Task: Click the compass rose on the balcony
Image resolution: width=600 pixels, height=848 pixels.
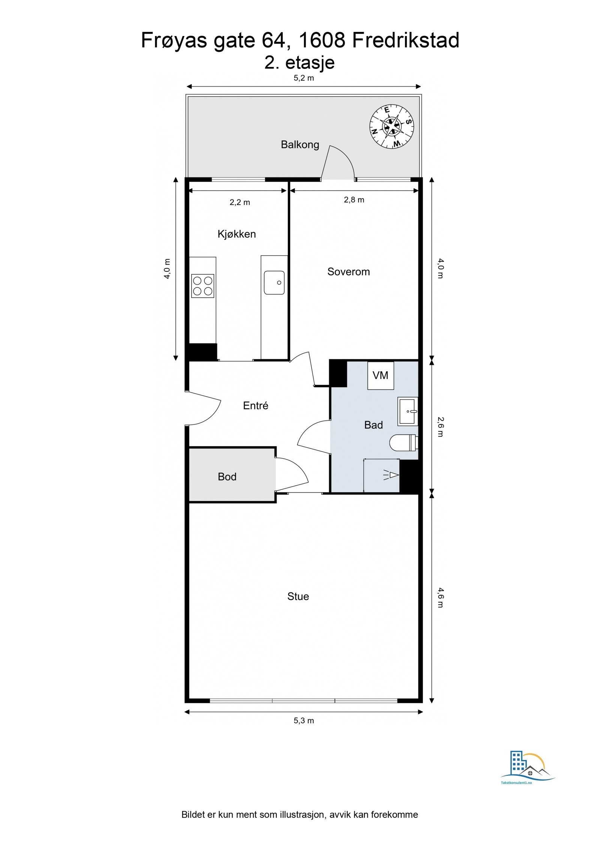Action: point(391,126)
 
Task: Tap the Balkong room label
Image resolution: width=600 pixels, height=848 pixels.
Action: point(300,145)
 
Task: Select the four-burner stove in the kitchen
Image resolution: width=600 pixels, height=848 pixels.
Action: point(202,286)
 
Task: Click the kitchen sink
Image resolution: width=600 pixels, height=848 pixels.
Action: point(274,283)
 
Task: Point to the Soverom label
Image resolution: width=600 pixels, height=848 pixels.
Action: point(348,272)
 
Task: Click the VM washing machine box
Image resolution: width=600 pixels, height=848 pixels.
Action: point(380,375)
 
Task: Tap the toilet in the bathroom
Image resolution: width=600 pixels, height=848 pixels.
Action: point(403,443)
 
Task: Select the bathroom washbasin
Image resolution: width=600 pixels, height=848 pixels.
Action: point(408,411)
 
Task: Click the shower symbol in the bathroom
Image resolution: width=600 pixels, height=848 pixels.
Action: point(391,475)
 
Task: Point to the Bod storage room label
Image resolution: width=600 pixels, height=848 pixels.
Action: point(227,477)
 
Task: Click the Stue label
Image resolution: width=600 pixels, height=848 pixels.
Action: point(298,597)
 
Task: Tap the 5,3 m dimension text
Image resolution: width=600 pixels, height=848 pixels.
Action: point(304,721)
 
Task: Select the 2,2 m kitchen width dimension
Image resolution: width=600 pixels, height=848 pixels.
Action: point(240,202)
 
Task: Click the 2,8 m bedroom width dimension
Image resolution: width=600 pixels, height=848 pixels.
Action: point(354,200)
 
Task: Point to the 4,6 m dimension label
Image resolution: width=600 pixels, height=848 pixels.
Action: point(440,598)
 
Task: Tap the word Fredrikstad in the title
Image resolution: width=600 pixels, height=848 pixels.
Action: point(405,40)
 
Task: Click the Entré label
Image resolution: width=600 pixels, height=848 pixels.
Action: point(255,405)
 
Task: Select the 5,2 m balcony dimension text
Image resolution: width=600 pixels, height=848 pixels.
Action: point(304,78)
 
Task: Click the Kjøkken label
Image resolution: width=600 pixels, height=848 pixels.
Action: point(237,234)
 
